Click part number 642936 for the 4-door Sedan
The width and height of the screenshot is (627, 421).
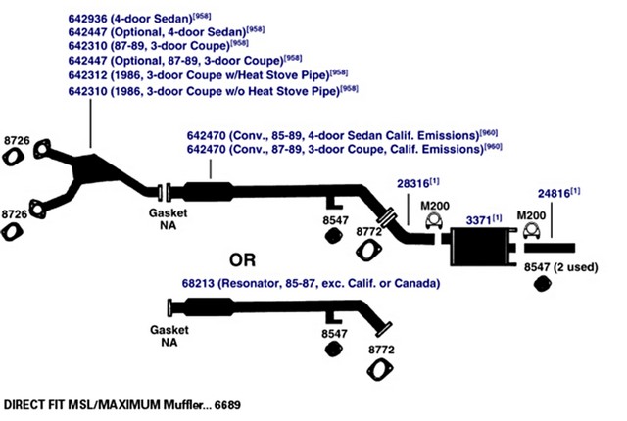88,19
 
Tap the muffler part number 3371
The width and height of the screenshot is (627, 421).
479,220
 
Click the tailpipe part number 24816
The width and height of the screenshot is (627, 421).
554,193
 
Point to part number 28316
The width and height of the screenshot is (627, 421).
413,183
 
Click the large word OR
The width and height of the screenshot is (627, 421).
242,260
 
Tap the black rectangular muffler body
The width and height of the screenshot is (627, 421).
479,247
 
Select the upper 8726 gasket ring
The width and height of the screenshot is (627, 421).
11,157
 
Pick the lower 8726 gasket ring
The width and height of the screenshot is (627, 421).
11,231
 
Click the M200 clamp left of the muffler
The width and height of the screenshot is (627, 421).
434,221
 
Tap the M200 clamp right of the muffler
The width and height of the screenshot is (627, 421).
531,230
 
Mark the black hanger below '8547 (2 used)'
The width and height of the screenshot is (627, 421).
543,284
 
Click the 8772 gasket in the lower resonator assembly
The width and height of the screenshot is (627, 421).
379,370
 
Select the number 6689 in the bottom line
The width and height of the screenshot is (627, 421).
227,405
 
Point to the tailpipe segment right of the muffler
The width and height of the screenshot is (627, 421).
550,248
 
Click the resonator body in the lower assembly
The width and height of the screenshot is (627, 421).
209,307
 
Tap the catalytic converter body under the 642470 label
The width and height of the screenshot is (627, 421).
209,192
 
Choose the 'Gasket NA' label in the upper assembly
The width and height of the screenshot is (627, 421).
169,219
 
